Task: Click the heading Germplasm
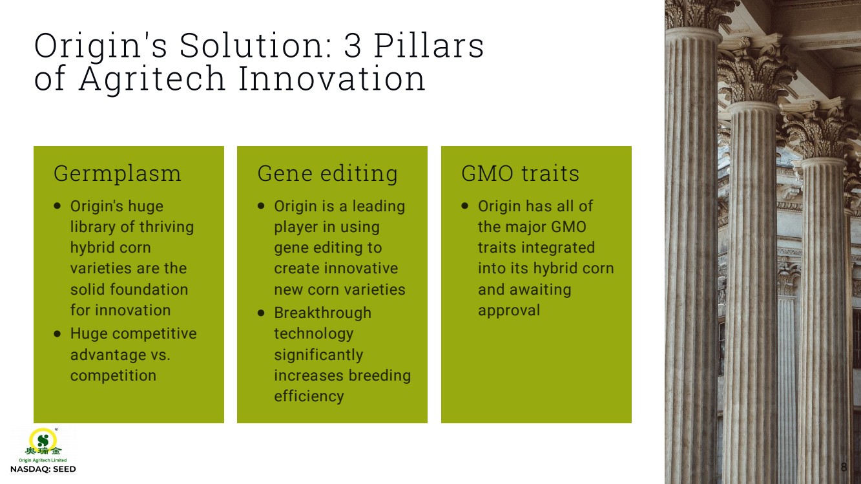coord(118,174)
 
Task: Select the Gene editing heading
coord(327,174)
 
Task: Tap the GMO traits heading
coord(520,173)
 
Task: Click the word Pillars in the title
coord(429,45)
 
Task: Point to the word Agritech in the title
coord(152,79)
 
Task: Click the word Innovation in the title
coord(332,78)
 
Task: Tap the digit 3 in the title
coord(353,46)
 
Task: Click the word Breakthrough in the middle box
coord(323,313)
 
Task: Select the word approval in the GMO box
coord(509,311)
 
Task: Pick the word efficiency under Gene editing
coord(309,396)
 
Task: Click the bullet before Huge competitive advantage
coord(57,334)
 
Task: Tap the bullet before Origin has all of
coord(464,206)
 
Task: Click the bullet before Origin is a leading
coord(261,206)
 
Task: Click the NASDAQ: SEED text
coord(43,469)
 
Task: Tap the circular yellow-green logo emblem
coord(43,439)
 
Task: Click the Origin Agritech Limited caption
coord(43,460)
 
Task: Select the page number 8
coord(844,467)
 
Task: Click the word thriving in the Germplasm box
coord(167,227)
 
